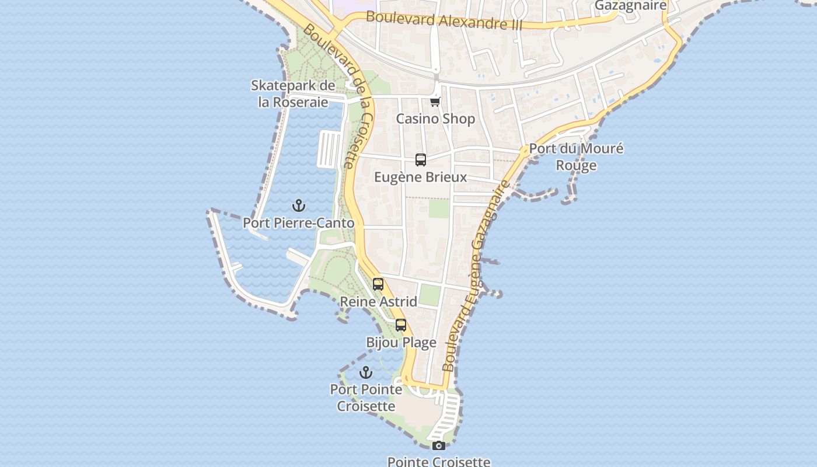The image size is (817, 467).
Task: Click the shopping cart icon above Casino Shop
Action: pos(435,102)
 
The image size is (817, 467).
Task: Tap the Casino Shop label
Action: pos(435,119)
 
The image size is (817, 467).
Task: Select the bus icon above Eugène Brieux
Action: pos(420,159)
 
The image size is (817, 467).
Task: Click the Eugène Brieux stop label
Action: pos(420,177)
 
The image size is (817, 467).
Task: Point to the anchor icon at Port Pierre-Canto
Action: pos(299,205)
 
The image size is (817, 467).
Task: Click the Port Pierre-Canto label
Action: pos(298,223)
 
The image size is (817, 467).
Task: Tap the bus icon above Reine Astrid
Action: pos(378,284)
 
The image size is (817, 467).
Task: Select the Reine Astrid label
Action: pos(378,302)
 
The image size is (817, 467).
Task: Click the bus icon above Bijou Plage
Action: pos(401,325)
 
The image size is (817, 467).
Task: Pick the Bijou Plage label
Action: pos(401,343)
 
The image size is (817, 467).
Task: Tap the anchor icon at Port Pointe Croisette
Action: pos(366,372)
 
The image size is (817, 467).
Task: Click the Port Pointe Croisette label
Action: pos(366,398)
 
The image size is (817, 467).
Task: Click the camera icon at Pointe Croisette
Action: pos(439,446)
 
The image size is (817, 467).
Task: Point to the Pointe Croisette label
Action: pos(439,462)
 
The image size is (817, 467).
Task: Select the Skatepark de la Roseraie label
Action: pos(293,93)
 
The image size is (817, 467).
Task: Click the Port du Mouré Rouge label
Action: pos(576,156)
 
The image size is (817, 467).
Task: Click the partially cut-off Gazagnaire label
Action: pos(630,6)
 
